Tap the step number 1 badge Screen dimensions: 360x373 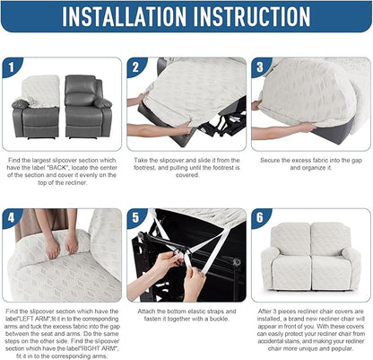pos(11,66)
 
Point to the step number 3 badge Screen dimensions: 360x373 pos(259,66)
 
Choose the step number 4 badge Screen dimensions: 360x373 pos(11,217)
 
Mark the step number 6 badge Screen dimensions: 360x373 pos(259,217)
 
